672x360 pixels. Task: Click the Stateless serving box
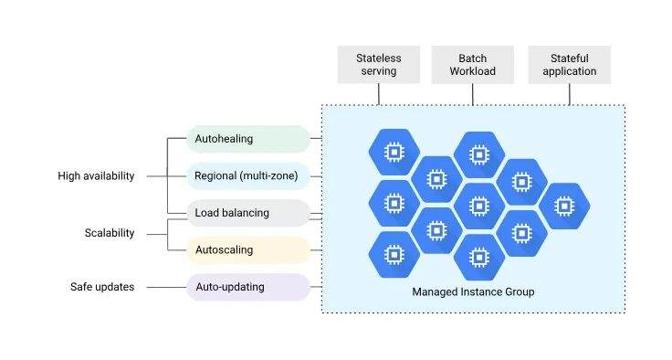378,65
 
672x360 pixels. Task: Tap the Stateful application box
570,65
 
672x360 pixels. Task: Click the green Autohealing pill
247,139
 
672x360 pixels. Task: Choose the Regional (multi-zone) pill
247,175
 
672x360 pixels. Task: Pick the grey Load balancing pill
247,213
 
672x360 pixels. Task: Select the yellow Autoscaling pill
247,249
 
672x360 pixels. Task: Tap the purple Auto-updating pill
247,287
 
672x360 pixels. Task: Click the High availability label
96,176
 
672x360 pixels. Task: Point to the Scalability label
110,233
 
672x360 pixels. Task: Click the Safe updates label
102,287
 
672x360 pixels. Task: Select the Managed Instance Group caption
473,292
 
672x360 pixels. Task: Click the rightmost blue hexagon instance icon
564,206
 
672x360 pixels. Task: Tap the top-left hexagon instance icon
394,152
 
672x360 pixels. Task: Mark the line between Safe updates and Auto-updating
165,287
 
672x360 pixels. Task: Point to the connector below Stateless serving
378,94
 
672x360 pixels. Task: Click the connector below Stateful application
570,94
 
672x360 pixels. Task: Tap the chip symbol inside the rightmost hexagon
564,206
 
